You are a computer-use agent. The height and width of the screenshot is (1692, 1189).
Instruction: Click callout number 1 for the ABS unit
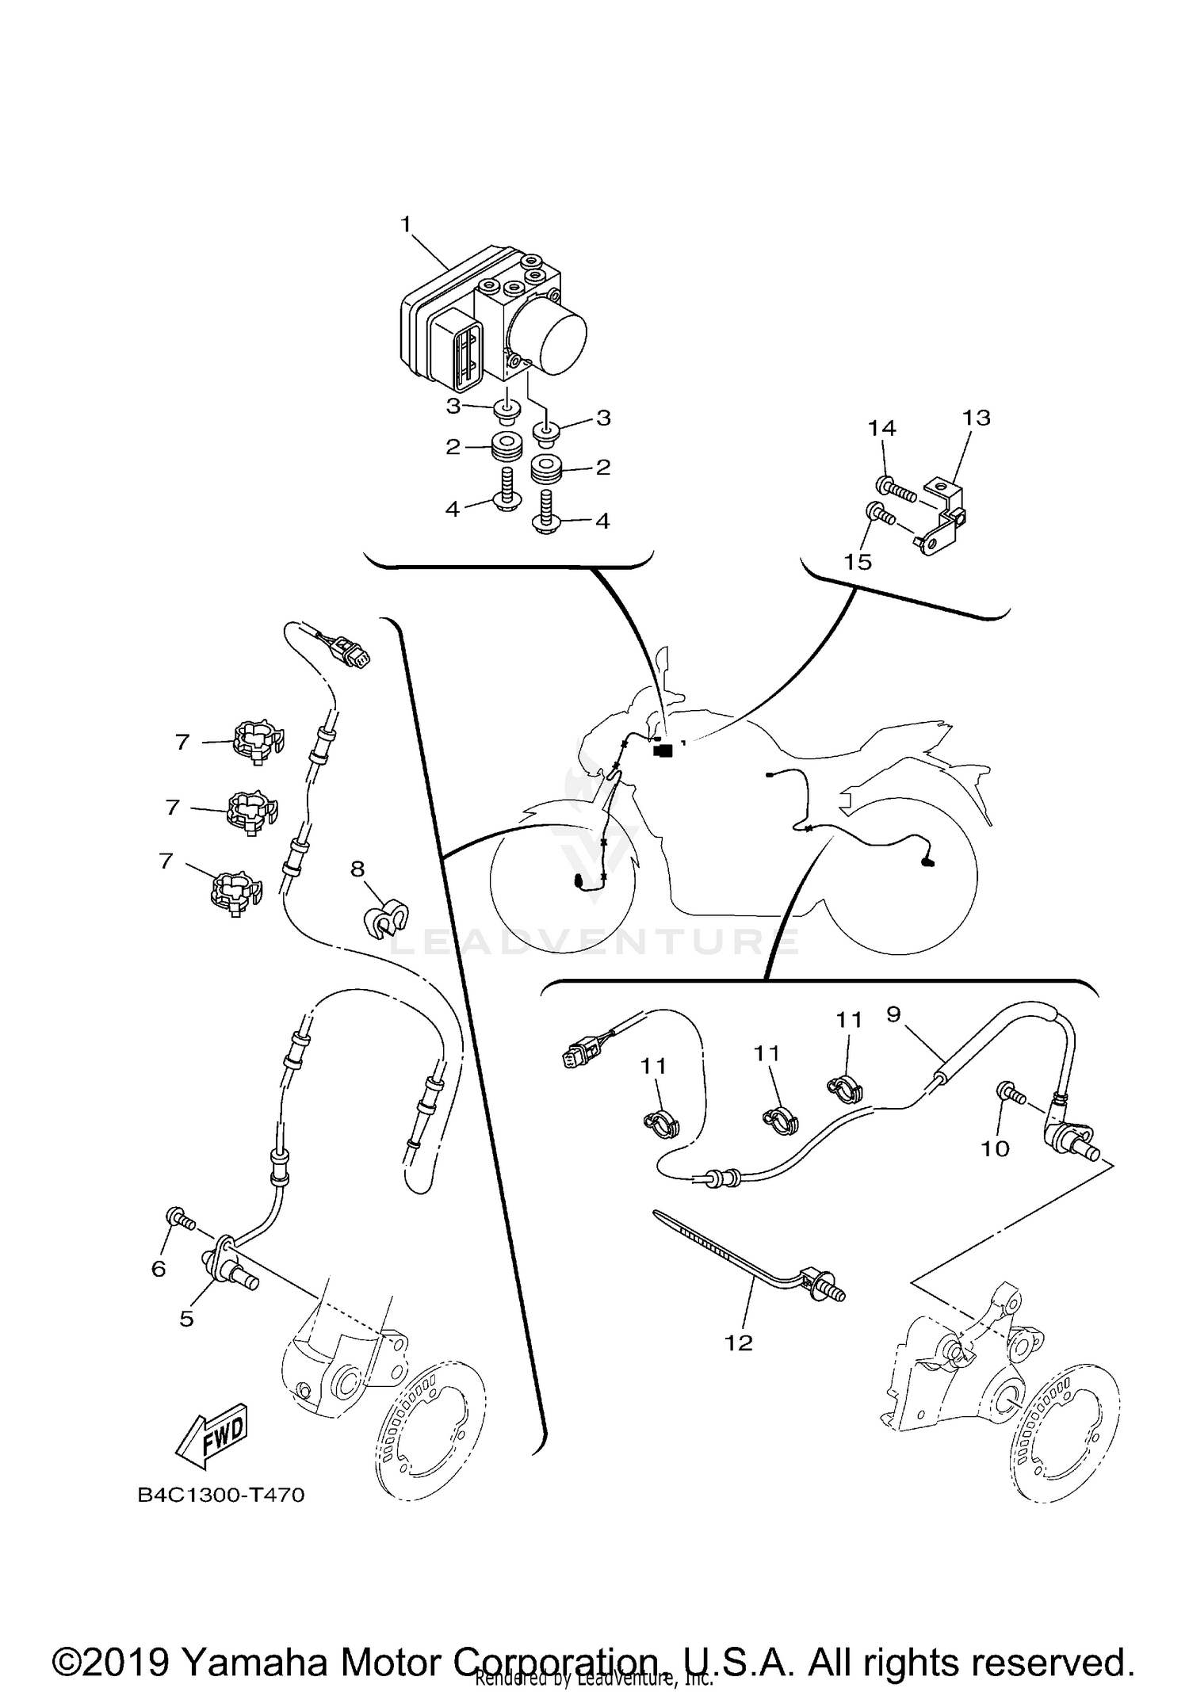click(406, 225)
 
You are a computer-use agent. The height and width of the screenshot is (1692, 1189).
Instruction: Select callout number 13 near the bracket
click(977, 418)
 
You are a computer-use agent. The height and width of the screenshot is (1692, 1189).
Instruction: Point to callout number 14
click(881, 429)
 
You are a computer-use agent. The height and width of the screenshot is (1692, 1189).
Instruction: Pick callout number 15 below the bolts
click(858, 562)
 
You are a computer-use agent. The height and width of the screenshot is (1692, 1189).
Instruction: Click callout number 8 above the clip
click(357, 869)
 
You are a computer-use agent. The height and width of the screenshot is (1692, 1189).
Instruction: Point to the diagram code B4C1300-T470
click(221, 1495)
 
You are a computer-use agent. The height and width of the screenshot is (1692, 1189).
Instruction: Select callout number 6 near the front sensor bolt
click(159, 1269)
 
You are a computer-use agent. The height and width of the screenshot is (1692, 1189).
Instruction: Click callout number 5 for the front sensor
click(186, 1319)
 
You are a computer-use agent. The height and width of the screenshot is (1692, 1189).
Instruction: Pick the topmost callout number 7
click(182, 743)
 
